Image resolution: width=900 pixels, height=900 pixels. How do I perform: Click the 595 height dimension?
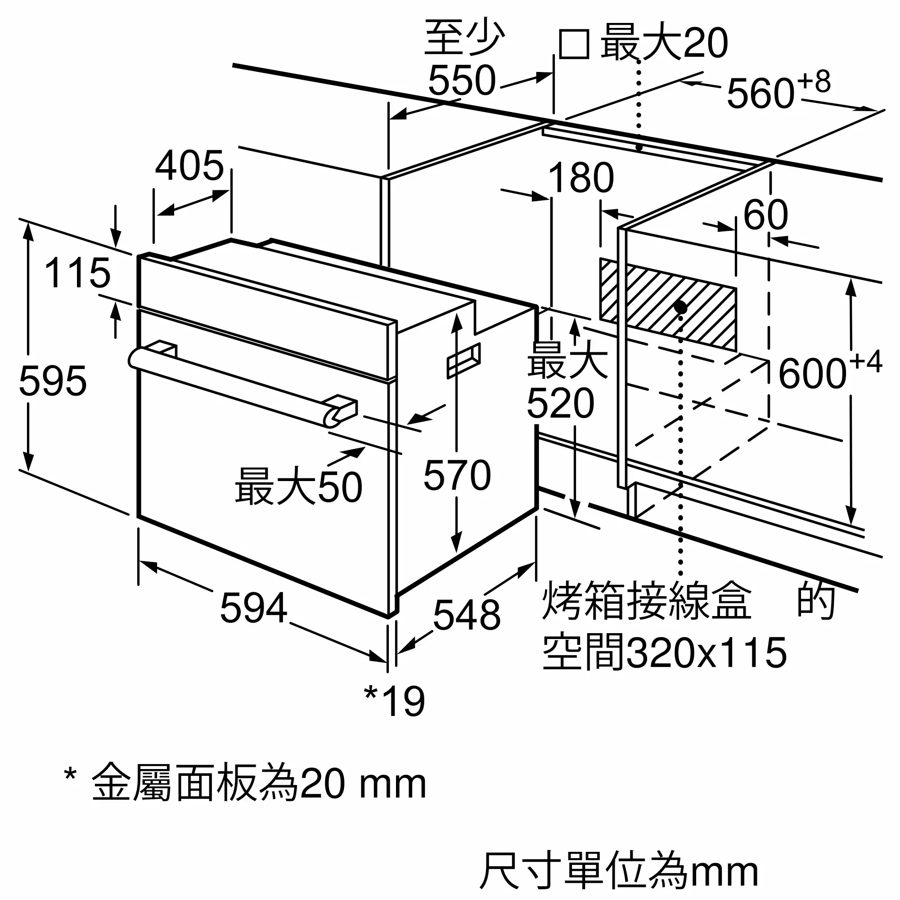pyautogui.click(x=53, y=382)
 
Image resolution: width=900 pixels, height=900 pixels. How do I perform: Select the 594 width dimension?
pyautogui.click(x=253, y=608)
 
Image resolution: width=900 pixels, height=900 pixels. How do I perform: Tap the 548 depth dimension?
pyautogui.click(x=466, y=615)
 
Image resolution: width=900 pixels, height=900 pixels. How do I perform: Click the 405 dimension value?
pyautogui.click(x=189, y=166)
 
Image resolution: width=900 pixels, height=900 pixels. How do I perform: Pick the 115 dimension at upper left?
pyautogui.click(x=77, y=273)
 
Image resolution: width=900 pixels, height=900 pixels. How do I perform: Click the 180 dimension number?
pyautogui.click(x=581, y=178)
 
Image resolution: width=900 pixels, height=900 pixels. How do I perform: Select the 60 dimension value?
pyautogui.click(x=765, y=215)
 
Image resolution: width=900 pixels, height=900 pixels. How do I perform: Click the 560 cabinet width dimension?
pyautogui.click(x=760, y=93)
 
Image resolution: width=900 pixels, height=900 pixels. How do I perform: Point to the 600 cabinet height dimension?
pyautogui.click(x=812, y=373)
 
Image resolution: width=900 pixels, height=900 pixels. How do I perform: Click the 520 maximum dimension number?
pyautogui.click(x=560, y=403)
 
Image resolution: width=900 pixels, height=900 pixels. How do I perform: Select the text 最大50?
pyautogui.click(x=298, y=487)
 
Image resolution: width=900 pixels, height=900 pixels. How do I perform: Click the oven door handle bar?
pyautogui.click(x=233, y=387)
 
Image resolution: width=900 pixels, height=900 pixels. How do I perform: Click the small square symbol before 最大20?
pyautogui.click(x=574, y=44)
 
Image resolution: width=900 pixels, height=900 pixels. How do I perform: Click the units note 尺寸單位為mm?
pyautogui.click(x=619, y=870)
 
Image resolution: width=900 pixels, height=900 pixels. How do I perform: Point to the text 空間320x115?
pyautogui.click(x=664, y=652)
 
